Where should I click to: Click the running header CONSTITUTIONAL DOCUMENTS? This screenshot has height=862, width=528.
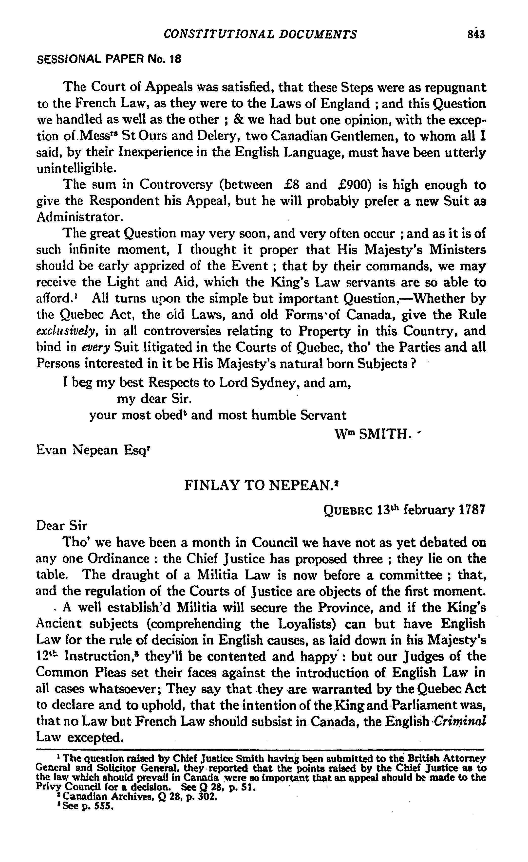[x=261, y=34]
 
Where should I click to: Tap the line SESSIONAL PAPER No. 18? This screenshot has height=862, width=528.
[x=109, y=59]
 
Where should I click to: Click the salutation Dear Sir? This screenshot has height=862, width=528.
[x=62, y=526]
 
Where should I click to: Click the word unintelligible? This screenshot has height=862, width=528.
[x=76, y=169]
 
